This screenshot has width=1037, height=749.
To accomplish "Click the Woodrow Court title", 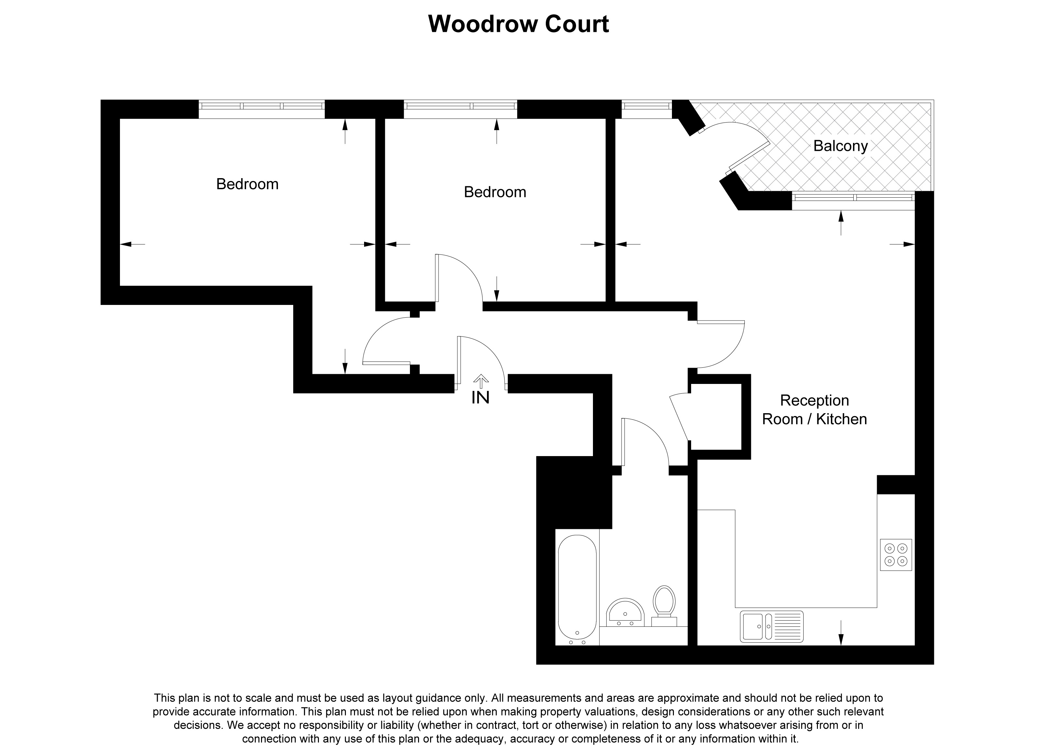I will click(518, 24).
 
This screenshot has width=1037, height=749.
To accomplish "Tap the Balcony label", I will click(840, 146).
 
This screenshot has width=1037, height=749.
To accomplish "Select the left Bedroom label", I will click(247, 184).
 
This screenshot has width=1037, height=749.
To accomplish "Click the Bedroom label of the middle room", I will click(495, 192).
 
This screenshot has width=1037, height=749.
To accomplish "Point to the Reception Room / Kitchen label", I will click(814, 410).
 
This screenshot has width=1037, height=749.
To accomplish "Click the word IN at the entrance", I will click(480, 398).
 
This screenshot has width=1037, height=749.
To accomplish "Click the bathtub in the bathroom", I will click(577, 590).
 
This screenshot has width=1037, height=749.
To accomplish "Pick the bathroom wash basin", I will click(625, 612).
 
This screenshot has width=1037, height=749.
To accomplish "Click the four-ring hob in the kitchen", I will click(895, 554).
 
